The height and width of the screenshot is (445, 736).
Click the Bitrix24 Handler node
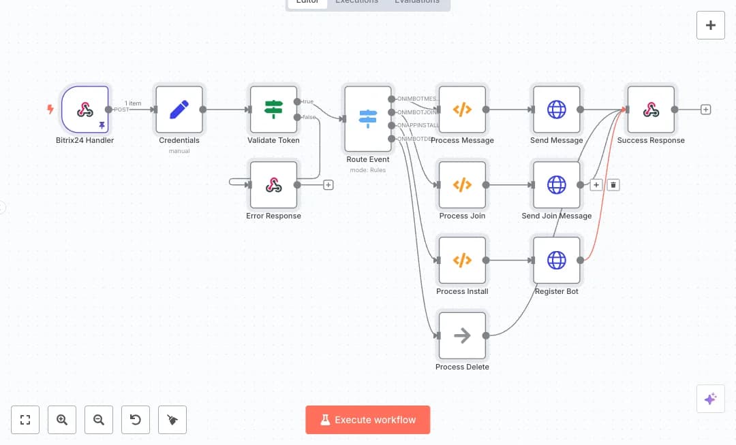click(85, 109)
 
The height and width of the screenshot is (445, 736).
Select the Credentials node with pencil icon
click(179, 109)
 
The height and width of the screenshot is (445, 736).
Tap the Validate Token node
click(273, 109)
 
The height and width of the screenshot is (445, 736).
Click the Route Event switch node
click(368, 118)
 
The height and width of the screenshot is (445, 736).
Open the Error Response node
click(273, 184)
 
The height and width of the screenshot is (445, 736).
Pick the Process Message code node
click(463, 109)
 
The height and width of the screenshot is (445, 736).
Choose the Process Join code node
click(463, 184)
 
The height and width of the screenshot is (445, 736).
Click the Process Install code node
click(463, 260)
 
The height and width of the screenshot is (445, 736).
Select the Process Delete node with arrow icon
click(463, 335)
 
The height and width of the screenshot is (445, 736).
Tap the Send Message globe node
click(557, 109)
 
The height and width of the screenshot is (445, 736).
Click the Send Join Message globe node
click(557, 184)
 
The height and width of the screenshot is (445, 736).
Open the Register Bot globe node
click(557, 260)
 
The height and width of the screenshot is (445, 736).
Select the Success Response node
click(651, 109)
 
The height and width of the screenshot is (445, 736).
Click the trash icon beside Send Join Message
click(613, 184)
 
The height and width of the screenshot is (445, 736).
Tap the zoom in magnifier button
click(62, 420)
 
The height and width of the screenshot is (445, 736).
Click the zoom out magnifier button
click(99, 420)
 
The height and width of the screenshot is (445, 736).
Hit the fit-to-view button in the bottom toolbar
click(25, 420)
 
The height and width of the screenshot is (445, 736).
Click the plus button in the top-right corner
click(711, 25)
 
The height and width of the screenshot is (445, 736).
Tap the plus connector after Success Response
click(705, 109)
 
